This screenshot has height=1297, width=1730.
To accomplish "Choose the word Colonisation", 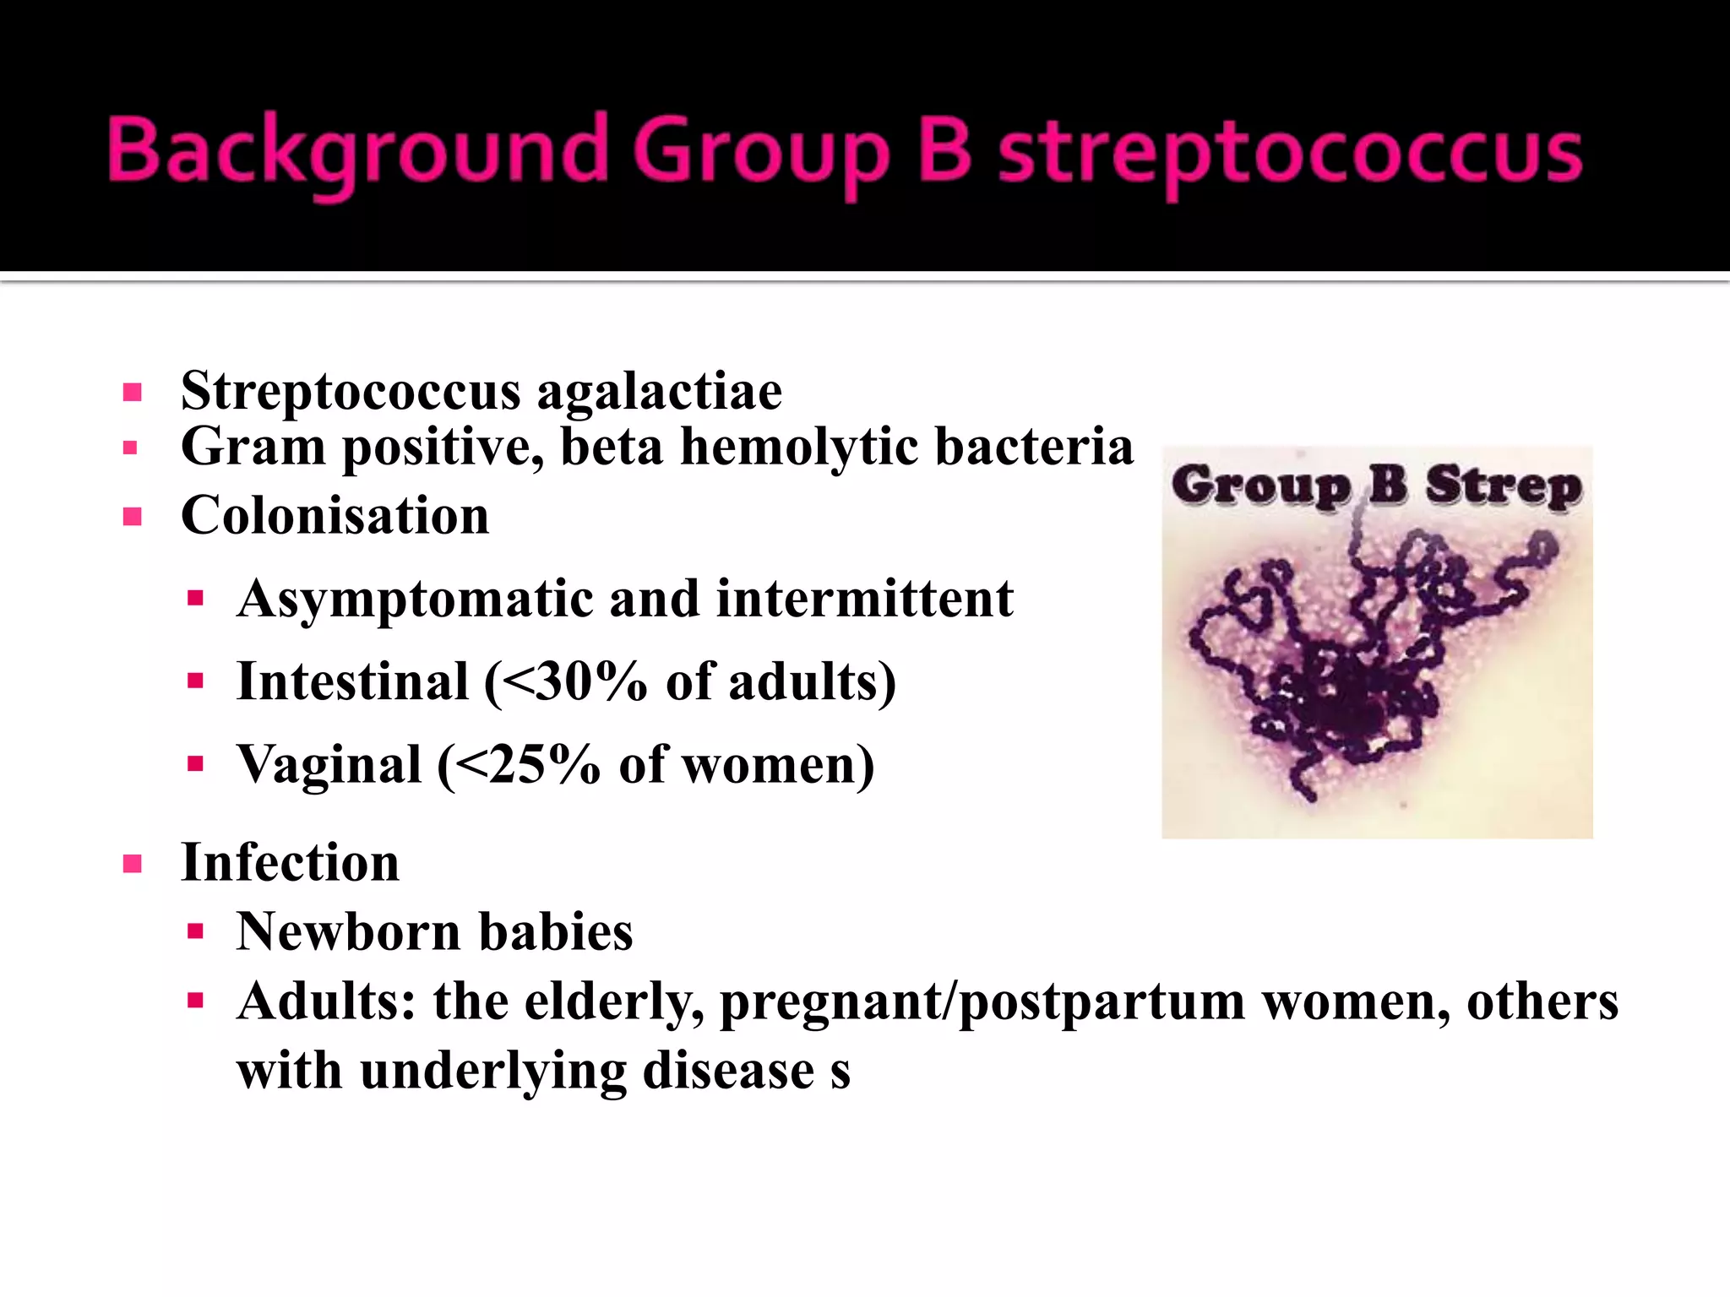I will click(335, 516).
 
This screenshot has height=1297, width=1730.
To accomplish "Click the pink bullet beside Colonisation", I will click(132, 516).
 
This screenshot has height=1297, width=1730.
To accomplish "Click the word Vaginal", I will click(329, 765).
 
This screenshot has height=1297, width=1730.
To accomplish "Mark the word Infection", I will click(290, 863).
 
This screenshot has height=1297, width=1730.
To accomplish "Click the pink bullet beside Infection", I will click(132, 864).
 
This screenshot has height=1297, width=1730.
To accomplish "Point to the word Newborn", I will click(348, 932).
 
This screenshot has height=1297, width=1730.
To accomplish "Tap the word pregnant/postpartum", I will click(982, 1002).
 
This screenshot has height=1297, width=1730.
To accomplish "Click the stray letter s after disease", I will click(840, 1072).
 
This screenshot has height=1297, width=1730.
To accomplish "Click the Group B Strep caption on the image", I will click(1376, 486).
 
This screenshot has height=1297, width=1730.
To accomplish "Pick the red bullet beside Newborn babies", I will click(196, 932).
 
